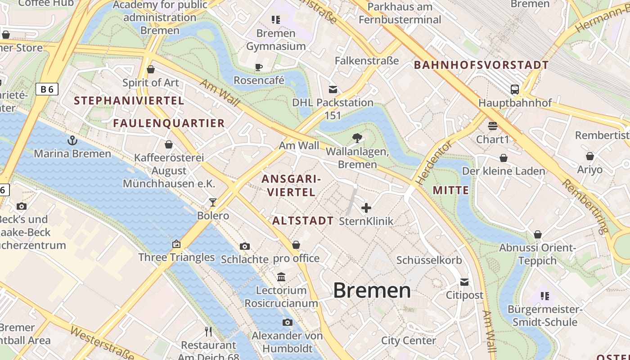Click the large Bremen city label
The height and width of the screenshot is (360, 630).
(372, 291)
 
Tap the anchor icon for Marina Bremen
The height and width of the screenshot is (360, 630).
(72, 140)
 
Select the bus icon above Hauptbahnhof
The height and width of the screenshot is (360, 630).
(515, 89)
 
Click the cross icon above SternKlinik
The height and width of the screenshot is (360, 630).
(366, 207)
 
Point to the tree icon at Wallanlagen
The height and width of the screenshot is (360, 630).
(357, 138)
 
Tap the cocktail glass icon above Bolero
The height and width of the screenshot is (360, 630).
(213, 202)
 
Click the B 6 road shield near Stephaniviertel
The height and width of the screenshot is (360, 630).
(47, 89)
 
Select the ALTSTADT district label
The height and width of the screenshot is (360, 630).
(303, 220)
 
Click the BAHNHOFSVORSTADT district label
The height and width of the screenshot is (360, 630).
(481, 65)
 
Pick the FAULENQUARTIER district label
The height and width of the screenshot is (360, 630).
(169, 123)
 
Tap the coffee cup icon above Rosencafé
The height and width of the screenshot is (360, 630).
(259, 67)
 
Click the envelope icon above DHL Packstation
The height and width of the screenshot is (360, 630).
(333, 89)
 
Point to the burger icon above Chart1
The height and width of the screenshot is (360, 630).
(492, 126)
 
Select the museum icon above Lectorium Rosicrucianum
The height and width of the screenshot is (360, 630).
(281, 277)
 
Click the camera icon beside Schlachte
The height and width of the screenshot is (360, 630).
(245, 246)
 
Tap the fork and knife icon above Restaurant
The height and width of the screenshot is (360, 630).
(208, 332)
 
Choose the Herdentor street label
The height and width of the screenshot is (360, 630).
(433, 163)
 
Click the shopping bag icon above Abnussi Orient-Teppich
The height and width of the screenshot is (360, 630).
(537, 234)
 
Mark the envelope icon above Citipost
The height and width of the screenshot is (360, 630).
(464, 282)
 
